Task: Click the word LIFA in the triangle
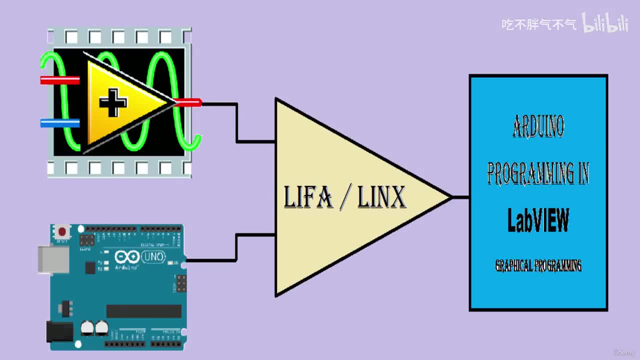tap(308, 197)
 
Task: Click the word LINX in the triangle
tap(381, 197)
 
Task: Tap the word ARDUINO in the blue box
tap(538, 126)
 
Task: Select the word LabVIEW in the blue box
tap(538, 220)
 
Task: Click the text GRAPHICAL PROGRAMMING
tap(538, 265)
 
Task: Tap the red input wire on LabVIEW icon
tap(59, 80)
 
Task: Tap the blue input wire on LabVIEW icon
tap(59, 123)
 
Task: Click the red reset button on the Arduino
tap(62, 231)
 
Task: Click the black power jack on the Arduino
tap(58, 331)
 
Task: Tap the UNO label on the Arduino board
tap(153, 257)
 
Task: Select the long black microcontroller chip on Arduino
tap(143, 311)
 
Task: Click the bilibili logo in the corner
tap(605, 23)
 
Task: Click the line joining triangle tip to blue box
tap(460, 197)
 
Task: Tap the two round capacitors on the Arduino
tap(94, 327)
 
